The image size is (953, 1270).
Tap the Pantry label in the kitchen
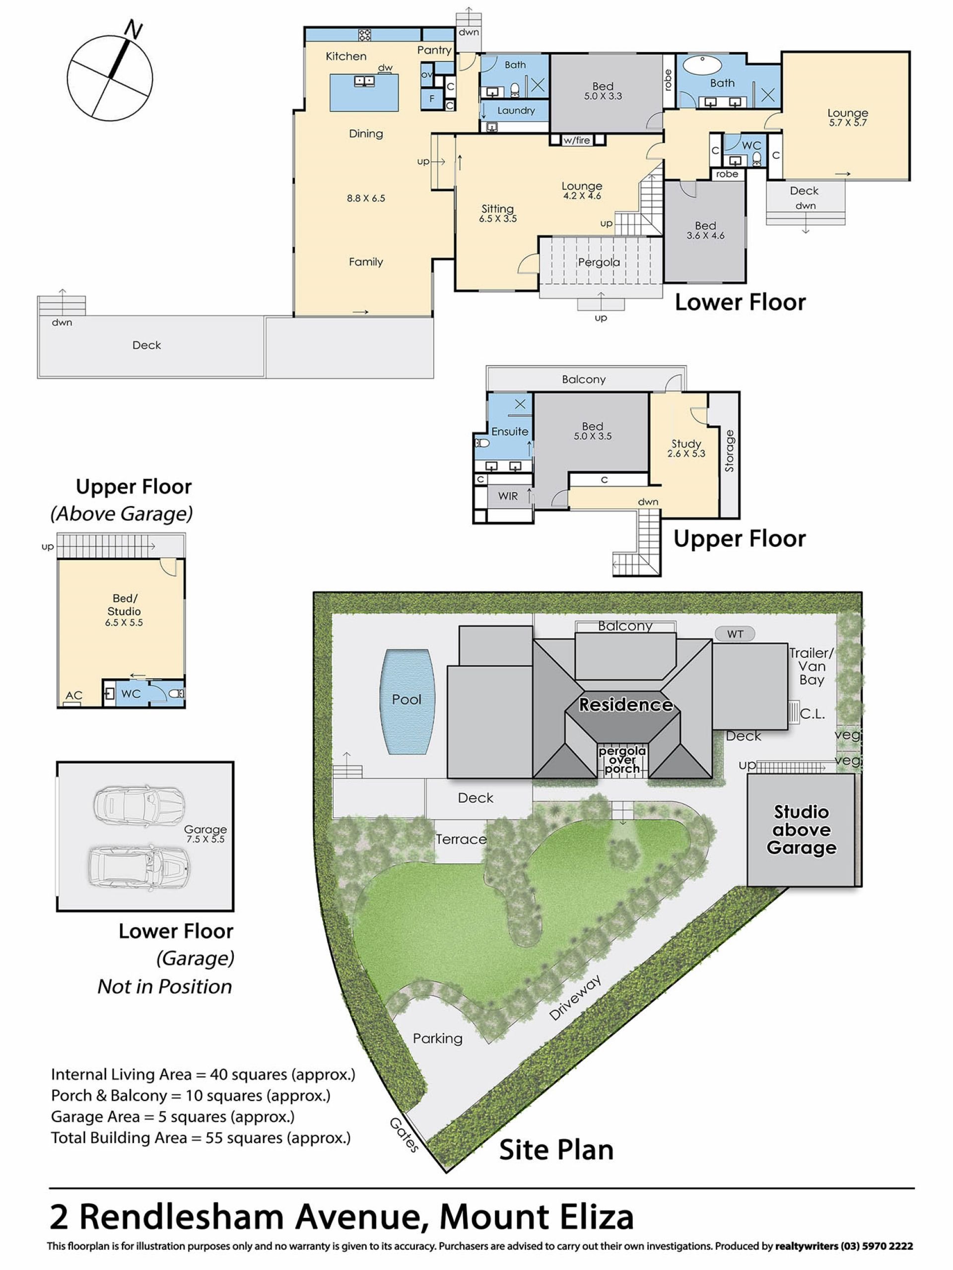pos(434,51)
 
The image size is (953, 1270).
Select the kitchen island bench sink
pos(364,81)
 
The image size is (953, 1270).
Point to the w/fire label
pos(577,140)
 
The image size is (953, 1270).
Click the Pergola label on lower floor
pos(599,262)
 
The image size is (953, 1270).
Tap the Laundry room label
pos(516,110)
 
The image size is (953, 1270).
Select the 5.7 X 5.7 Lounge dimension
pos(848,123)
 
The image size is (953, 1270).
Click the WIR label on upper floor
pos(508,496)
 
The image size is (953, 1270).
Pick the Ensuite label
pos(510,432)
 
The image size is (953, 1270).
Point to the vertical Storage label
pos(730,450)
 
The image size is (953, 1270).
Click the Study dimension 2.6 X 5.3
pos(686,453)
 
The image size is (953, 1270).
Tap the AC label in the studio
pos(73,696)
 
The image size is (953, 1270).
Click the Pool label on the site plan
pos(406,699)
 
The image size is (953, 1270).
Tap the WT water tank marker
pos(735,634)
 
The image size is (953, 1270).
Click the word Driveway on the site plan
pos(574,997)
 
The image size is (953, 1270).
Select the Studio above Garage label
pos(801,829)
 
